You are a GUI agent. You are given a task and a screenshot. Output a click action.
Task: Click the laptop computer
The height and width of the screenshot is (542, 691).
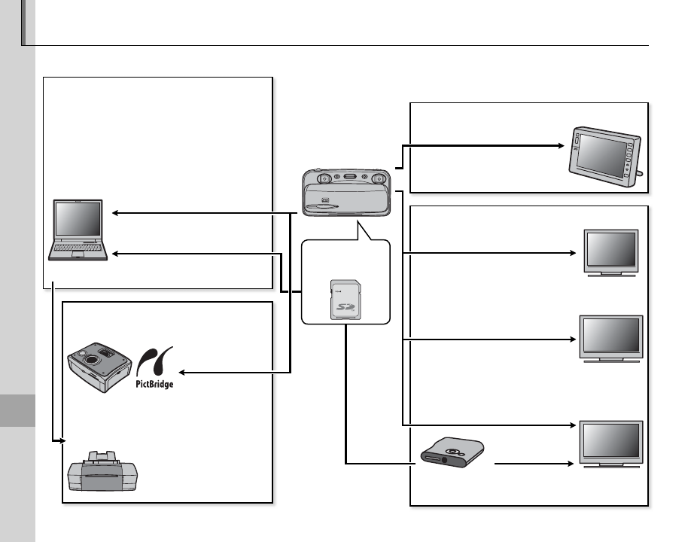click(77, 230)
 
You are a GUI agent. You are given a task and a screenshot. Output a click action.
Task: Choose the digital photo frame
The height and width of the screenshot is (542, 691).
click(606, 157)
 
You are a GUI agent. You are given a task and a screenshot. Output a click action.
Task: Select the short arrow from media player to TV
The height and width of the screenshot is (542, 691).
click(534, 464)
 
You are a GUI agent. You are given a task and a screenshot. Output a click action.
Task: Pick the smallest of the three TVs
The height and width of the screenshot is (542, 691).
click(612, 251)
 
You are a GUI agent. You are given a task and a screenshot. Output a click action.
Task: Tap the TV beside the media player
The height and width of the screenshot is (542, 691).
click(611, 444)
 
